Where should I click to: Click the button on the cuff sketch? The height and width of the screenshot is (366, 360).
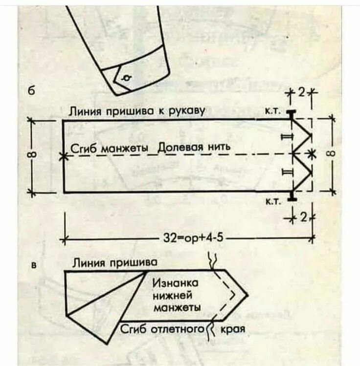tap(127, 78)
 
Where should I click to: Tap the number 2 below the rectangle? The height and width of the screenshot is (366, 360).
tap(304, 217)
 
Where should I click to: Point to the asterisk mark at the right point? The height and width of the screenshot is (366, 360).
tap(310, 154)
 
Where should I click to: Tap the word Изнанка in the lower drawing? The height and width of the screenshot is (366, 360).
tap(175, 283)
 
